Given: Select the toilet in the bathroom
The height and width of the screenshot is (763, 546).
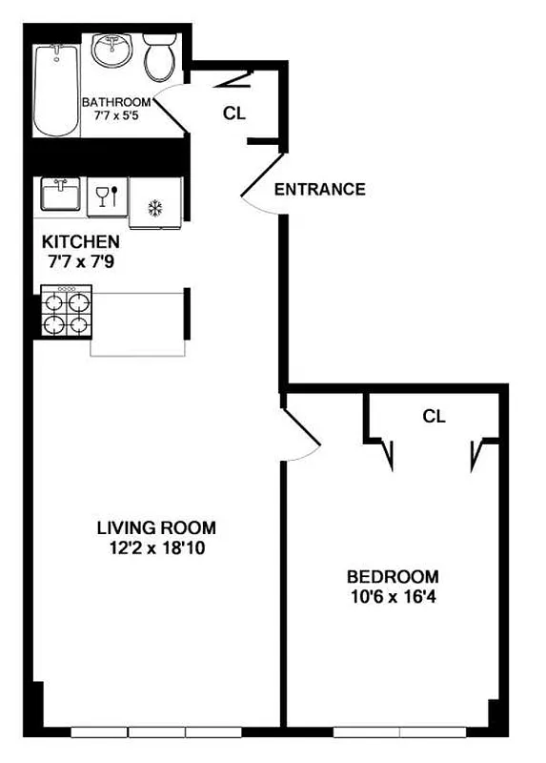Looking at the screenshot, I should pyautogui.click(x=160, y=58).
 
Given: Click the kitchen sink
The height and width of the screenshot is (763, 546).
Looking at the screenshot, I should pyautogui.click(x=60, y=195).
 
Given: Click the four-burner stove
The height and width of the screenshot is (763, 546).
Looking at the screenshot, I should pyautogui.click(x=66, y=313).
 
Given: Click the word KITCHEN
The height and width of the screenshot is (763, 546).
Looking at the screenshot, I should pyautogui.click(x=80, y=242).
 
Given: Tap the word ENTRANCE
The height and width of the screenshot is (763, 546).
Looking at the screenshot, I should pyautogui.click(x=319, y=190).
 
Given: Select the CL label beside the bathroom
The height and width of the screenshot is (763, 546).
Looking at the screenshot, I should pyautogui.click(x=234, y=113).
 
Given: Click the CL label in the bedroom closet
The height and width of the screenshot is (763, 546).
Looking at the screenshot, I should pyautogui.click(x=435, y=417).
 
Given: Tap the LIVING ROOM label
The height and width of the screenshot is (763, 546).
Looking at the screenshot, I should pyautogui.click(x=156, y=527).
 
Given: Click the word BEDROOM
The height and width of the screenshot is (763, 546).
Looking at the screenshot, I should pyautogui.click(x=393, y=577).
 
